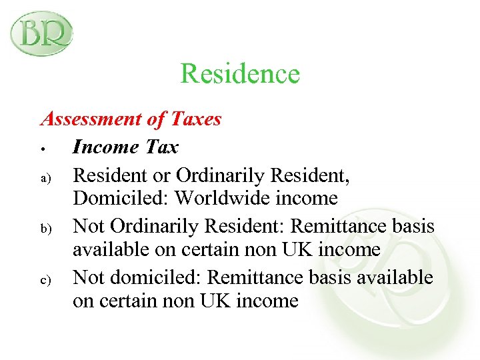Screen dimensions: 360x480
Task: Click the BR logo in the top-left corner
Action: pos(41,33)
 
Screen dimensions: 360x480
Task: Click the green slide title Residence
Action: pos(240,73)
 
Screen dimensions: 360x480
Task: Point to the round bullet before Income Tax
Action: pos(42,147)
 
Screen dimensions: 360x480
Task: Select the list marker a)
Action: pos(44,178)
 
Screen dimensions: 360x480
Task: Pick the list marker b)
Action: pos(44,229)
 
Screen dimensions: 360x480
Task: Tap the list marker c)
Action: pos(44,279)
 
